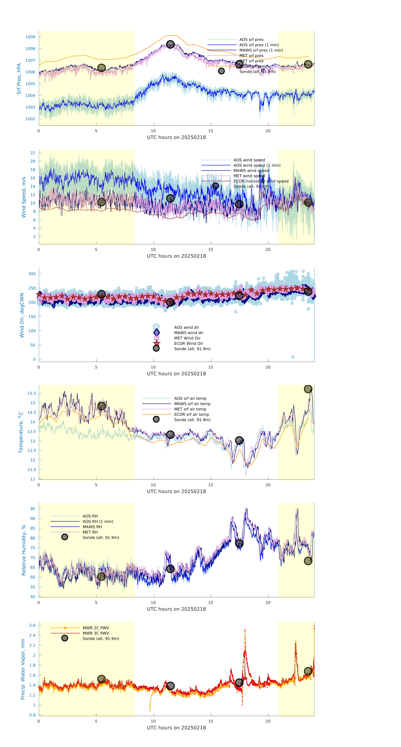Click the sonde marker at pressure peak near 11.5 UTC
tap(170, 44)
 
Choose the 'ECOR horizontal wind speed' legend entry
tap(261, 181)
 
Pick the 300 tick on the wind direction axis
tap(32, 274)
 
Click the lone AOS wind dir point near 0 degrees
tap(293, 357)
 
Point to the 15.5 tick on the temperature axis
tap(32, 393)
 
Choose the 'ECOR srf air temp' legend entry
tap(191, 414)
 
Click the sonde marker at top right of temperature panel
tap(308, 389)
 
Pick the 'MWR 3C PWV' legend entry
tap(96, 633)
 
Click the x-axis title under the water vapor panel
tap(176, 728)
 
